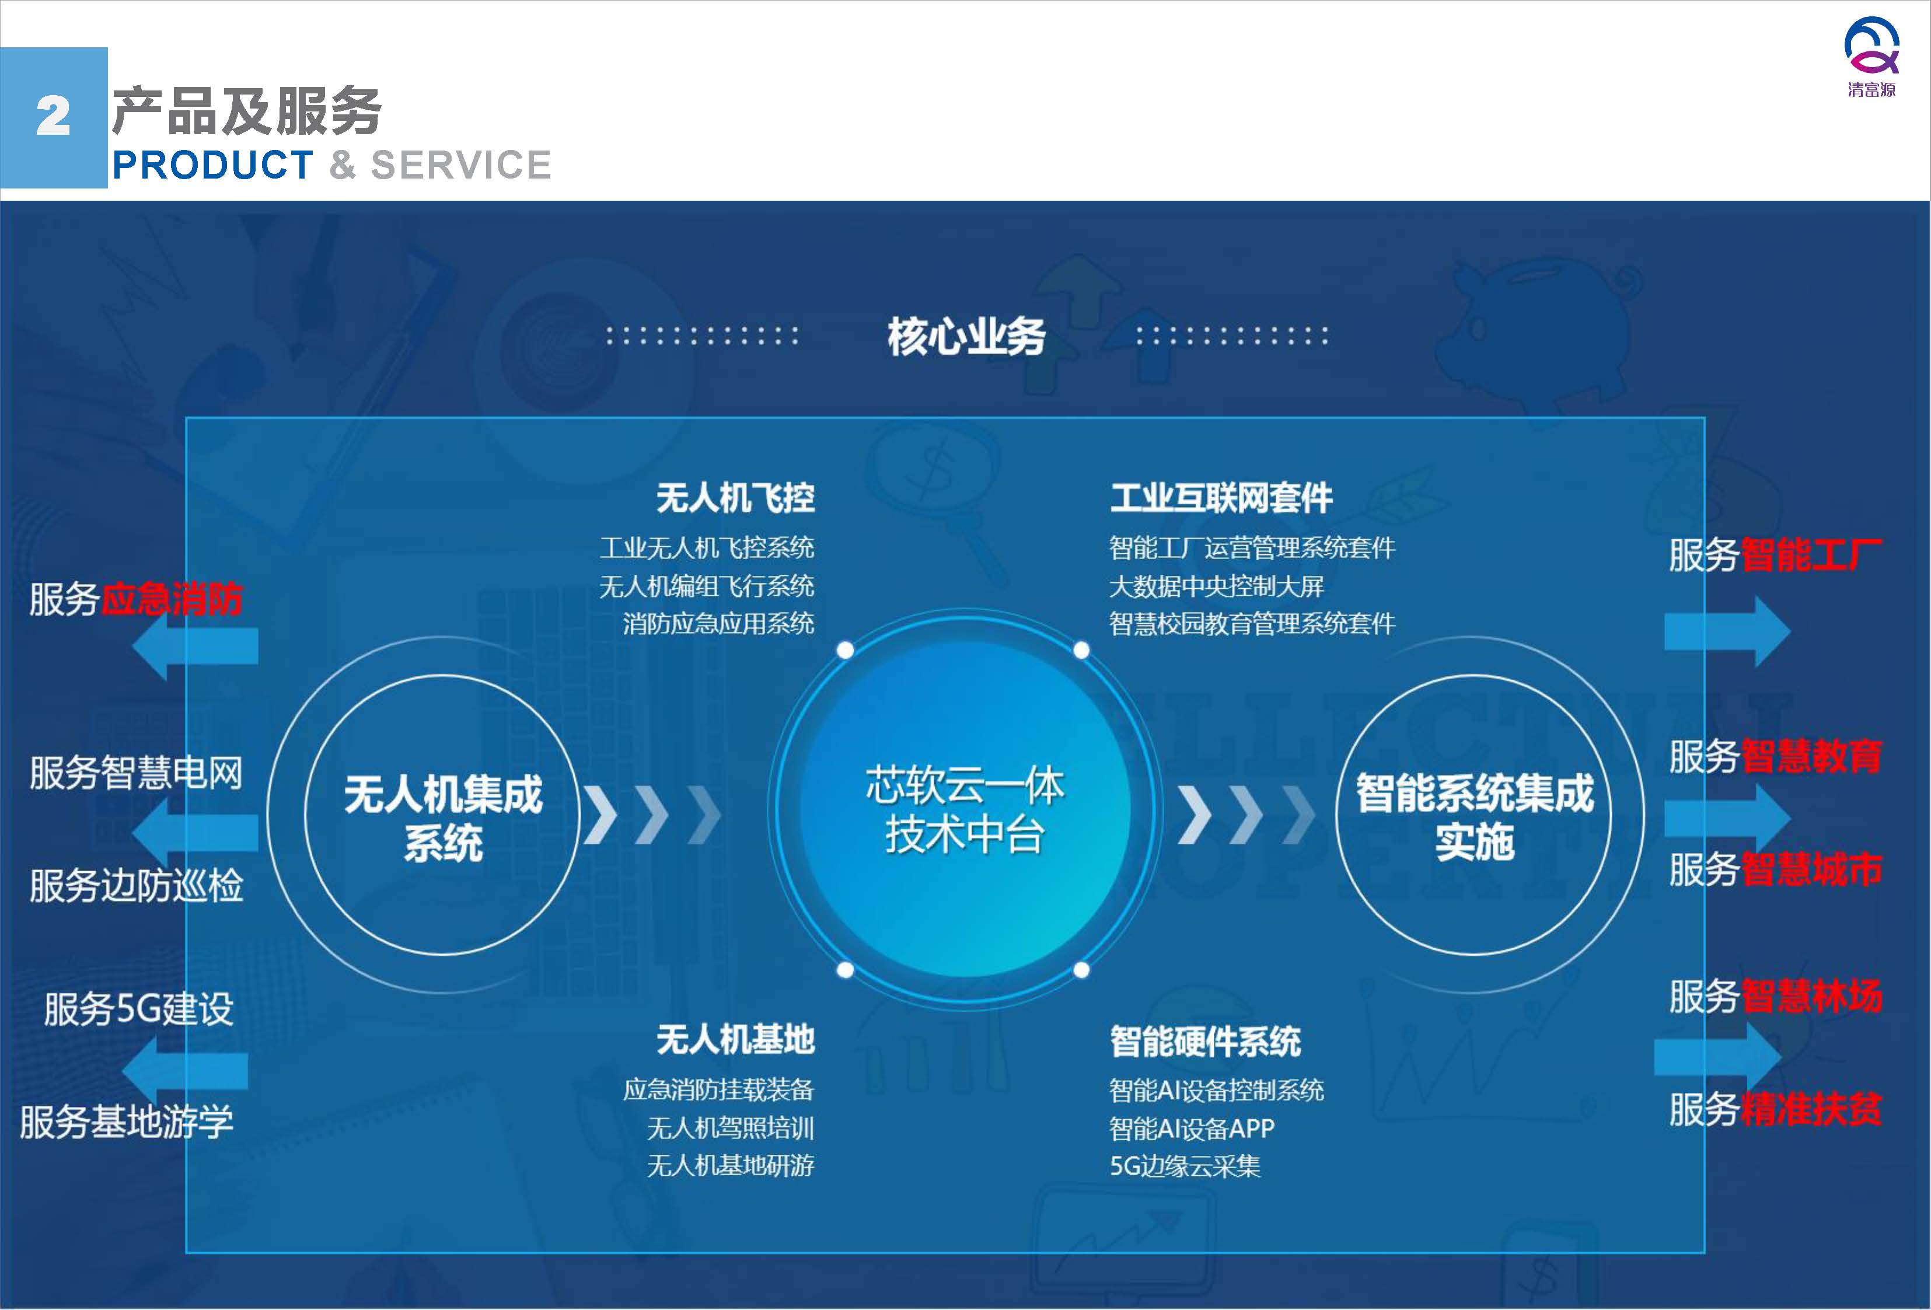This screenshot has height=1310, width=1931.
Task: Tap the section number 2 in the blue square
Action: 53,116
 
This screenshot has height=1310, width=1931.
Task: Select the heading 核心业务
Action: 966,337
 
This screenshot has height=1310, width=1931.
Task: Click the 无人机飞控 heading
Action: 735,498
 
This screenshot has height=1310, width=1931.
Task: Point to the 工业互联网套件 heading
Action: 1221,498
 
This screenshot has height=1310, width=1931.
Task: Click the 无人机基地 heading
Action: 735,1039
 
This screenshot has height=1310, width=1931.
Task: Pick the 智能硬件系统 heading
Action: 1206,1041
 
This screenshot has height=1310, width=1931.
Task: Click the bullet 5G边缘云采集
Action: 1185,1166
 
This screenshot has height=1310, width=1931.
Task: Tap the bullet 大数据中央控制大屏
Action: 1216,586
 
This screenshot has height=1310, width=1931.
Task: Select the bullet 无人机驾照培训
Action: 731,1128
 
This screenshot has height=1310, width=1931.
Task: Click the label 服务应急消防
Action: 135,599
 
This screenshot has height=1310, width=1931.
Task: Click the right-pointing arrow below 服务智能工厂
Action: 1727,631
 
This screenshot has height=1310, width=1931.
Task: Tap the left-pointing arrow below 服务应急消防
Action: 195,645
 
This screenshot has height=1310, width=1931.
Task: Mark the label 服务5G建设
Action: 139,1009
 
